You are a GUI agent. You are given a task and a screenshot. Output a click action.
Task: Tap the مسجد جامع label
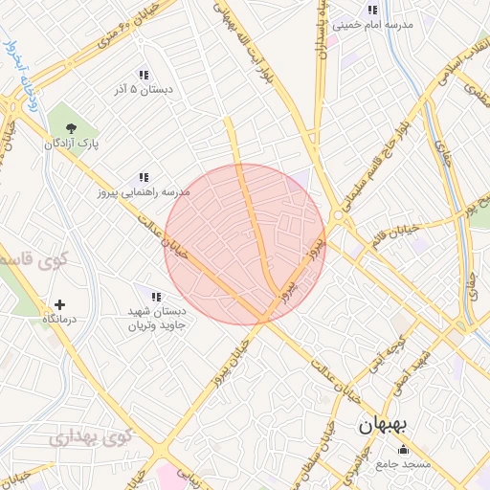point(405,464)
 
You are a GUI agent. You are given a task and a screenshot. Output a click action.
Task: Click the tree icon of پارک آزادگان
point(70,127)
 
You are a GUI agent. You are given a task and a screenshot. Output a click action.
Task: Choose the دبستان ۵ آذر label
point(143,90)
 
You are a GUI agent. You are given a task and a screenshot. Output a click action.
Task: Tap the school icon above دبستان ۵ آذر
point(143,75)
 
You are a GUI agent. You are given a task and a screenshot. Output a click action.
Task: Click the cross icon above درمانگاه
point(60,303)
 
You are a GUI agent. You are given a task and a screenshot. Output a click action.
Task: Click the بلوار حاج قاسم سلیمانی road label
point(379,162)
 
